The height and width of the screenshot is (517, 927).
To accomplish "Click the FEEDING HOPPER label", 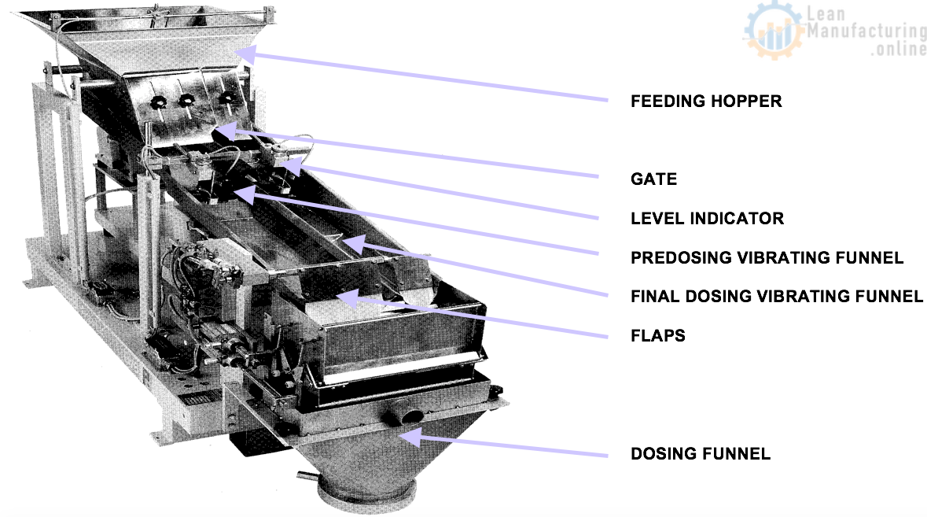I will click(706, 102).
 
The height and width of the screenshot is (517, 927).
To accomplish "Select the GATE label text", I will click(653, 179).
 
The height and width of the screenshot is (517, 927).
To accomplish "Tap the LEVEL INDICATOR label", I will click(707, 219).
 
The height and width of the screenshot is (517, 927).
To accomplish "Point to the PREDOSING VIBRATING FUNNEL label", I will click(767, 258).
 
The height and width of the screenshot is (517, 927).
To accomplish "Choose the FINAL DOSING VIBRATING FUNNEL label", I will click(777, 297).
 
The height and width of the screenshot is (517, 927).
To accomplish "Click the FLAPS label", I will click(658, 337).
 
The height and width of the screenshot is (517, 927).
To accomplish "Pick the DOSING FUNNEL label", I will click(701, 454).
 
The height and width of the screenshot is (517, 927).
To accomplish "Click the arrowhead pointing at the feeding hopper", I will click(247, 52).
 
